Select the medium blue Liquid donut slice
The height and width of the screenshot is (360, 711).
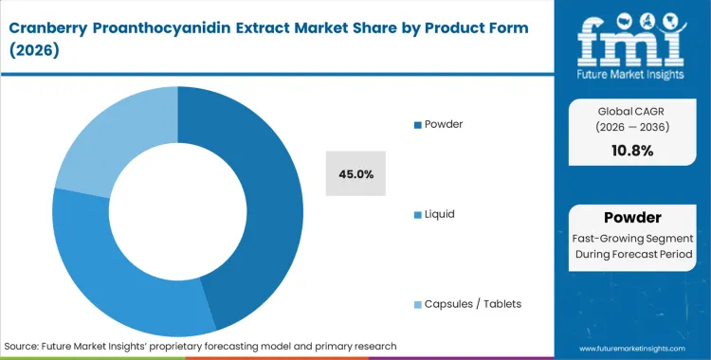[114, 275]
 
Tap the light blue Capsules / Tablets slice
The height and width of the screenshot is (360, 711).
[104, 133]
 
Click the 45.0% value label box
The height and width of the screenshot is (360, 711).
[355, 173]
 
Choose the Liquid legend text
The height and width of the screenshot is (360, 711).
[440, 213]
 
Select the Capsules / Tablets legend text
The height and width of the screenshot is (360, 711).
[473, 303]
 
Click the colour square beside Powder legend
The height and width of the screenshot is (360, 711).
[418, 125]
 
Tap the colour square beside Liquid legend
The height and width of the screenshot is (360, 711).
[418, 214]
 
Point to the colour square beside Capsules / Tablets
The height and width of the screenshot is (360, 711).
[418, 304]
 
